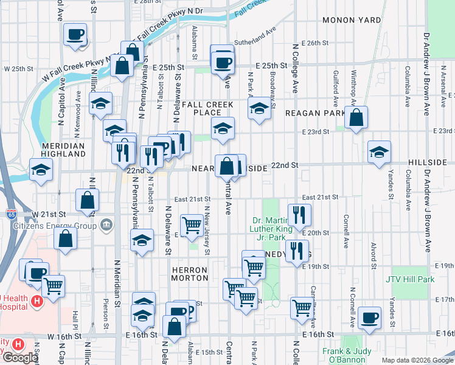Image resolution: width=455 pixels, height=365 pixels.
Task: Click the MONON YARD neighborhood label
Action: [x=352, y=20]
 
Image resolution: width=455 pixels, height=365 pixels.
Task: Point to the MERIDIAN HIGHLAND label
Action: [x=63, y=150]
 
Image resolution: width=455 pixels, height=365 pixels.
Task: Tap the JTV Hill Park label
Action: [x=410, y=279]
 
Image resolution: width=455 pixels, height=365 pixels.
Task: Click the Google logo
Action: [x=19, y=358]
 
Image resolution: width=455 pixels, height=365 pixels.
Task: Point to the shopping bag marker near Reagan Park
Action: [x=356, y=117]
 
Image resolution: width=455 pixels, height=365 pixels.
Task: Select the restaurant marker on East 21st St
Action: [x=299, y=214]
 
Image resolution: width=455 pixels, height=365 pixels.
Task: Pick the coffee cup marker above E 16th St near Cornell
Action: [x=369, y=317]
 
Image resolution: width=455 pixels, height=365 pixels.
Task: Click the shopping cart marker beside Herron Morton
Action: [x=192, y=224]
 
